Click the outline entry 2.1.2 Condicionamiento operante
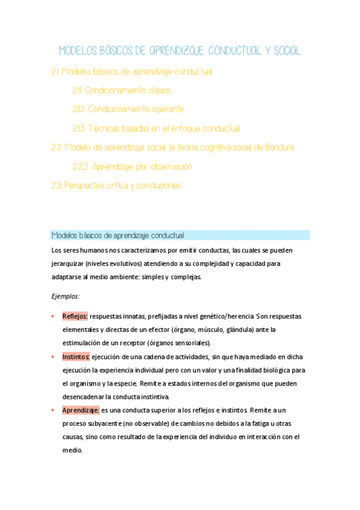pos(128,109)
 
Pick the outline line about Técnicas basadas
pos(156,128)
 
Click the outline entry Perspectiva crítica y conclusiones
pos(116,185)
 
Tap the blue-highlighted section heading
pos(118,235)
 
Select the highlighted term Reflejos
pos(75,316)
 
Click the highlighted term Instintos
pos(76,356)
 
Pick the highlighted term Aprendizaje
pos(81,410)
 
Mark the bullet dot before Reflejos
pos(53,316)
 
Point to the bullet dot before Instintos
pos(53,356)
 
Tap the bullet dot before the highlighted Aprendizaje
pos(53,410)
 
